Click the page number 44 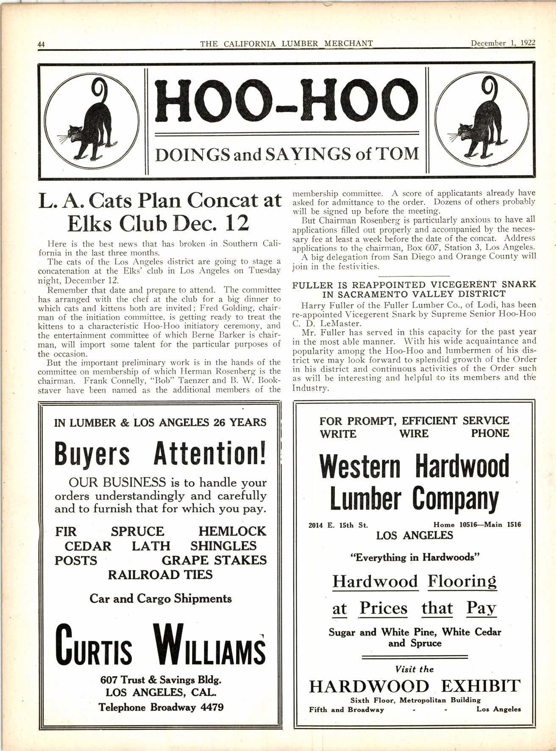[42, 44]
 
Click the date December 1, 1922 [503, 43]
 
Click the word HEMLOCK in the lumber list [232, 531]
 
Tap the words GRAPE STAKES [214, 560]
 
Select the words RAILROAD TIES [160, 574]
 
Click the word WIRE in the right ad [414, 433]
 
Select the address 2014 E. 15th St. [338, 525]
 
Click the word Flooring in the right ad [462, 581]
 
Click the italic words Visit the [414, 669]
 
